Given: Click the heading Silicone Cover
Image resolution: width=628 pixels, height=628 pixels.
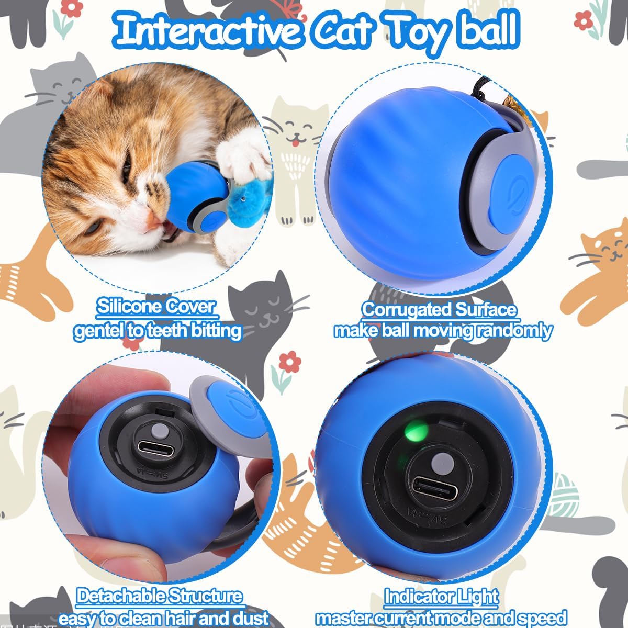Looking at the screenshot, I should (x=156, y=307).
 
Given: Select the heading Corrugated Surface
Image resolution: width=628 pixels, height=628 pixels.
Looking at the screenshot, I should (x=439, y=310).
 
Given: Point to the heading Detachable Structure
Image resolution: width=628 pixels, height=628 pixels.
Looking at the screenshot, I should (x=160, y=596).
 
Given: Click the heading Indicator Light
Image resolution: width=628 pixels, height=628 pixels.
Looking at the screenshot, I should (x=441, y=597).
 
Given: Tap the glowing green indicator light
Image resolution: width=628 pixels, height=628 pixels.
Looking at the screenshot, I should (x=414, y=432).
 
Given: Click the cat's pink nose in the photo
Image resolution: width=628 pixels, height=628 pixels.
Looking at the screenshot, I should (x=153, y=221).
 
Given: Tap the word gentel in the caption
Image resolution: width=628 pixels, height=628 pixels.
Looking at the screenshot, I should (x=97, y=331).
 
